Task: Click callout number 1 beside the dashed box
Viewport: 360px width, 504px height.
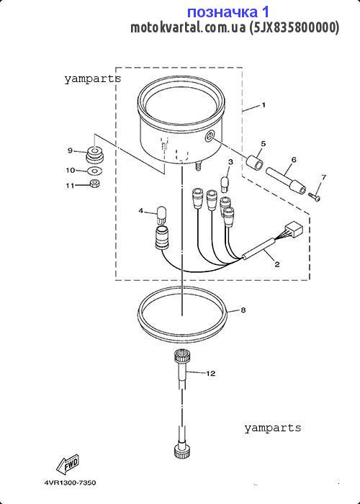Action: [x=264, y=105]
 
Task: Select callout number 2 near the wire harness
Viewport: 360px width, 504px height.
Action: [x=277, y=264]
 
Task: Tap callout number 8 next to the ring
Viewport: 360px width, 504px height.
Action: [x=243, y=310]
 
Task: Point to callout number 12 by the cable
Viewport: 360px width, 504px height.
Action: [x=210, y=374]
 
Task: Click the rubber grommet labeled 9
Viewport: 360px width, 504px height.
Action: [x=94, y=155]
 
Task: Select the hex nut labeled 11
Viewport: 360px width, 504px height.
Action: [x=95, y=184]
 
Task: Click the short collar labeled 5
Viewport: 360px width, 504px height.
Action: [x=254, y=161]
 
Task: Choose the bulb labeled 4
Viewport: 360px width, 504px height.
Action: [x=162, y=215]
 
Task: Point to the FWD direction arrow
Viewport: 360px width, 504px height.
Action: [x=68, y=465]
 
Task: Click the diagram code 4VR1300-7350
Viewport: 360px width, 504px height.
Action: [x=70, y=483]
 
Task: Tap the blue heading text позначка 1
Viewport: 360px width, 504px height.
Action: [x=228, y=12]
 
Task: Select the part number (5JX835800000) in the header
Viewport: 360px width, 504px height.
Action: [x=294, y=27]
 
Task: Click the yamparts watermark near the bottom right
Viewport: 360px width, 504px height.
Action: [x=273, y=428]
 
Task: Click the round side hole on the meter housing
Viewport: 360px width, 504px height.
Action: [x=210, y=137]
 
